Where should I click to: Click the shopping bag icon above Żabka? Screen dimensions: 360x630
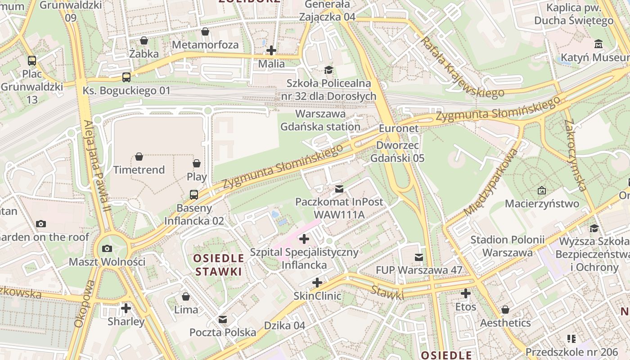(x=144, y=40)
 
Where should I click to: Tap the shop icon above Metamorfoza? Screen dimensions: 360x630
(x=205, y=31)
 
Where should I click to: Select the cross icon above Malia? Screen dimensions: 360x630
(x=271, y=50)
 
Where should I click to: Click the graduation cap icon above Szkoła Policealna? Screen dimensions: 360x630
(x=328, y=70)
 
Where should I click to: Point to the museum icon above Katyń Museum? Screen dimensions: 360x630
(x=598, y=44)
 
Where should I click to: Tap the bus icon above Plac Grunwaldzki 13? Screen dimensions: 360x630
(x=31, y=60)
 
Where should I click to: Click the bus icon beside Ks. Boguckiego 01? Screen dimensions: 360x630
(x=126, y=77)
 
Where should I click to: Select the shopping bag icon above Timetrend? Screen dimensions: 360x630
(x=139, y=157)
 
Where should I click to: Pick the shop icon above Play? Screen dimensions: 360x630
(x=197, y=163)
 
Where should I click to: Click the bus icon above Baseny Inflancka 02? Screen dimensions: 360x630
(x=193, y=194)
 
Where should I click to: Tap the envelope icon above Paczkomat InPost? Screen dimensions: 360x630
(x=339, y=189)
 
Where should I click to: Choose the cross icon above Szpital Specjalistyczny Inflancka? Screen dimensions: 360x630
(x=304, y=238)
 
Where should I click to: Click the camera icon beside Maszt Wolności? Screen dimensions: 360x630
(x=107, y=248)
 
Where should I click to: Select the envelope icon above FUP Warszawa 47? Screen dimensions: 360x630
(x=419, y=257)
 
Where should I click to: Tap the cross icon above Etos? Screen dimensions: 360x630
(x=465, y=294)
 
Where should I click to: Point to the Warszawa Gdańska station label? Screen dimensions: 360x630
(x=320, y=120)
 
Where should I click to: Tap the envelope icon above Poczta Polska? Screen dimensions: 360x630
(x=222, y=319)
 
